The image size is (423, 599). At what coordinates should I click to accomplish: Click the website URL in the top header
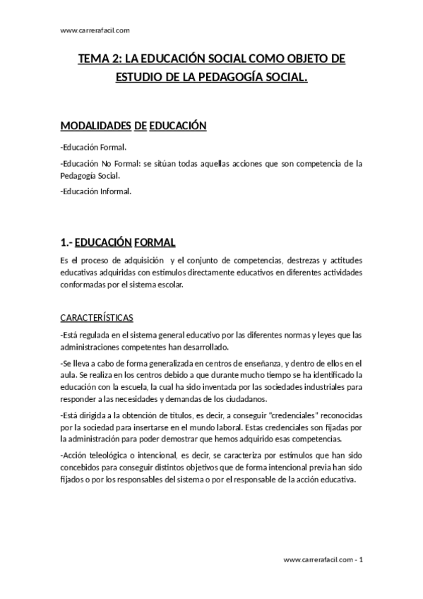(95, 31)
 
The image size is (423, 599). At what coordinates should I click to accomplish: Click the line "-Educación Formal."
(94, 148)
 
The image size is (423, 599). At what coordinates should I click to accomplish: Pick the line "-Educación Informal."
(97, 191)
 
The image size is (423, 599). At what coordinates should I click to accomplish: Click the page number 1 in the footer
(362, 560)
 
